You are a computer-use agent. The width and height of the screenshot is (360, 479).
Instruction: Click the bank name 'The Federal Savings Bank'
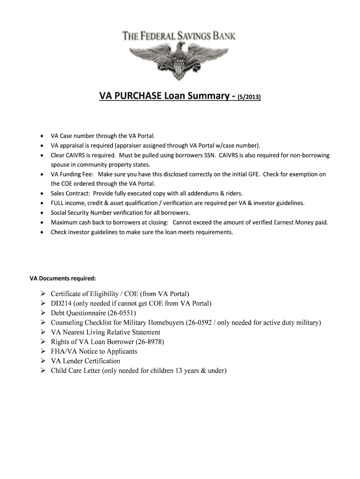pyautogui.click(x=179, y=36)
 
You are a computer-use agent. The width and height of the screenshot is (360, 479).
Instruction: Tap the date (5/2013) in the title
pyautogui.click(x=250, y=97)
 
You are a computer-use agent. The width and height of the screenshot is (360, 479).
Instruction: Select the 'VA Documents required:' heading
pyautogui.click(x=63, y=278)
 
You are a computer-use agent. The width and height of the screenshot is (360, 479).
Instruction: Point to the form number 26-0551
pyautogui.click(x=120, y=313)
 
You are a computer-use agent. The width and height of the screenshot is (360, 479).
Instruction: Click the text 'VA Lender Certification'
pyautogui.click(x=86, y=361)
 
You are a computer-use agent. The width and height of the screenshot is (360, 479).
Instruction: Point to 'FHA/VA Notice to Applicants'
pyautogui.click(x=94, y=351)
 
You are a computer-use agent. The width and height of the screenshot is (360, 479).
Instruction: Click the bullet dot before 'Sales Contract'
pyautogui.click(x=42, y=193)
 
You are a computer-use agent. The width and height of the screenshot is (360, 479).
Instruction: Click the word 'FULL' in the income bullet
pyautogui.click(x=58, y=203)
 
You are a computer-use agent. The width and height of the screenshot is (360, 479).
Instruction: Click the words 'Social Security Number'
pyautogui.click(x=82, y=212)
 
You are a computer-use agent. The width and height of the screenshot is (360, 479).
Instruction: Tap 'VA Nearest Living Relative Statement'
pyautogui.click(x=106, y=332)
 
